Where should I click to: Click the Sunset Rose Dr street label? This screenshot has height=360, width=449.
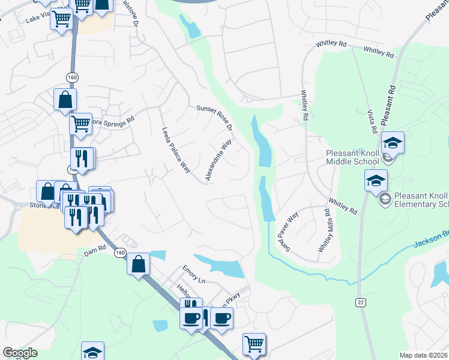[214, 116]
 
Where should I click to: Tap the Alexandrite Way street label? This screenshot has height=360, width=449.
[218, 160]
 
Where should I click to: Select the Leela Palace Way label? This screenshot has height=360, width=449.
[175, 150]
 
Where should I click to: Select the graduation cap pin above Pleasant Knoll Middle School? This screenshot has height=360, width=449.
[393, 143]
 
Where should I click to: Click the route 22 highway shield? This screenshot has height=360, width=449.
[360, 302]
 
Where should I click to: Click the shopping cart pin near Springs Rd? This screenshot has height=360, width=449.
[80, 124]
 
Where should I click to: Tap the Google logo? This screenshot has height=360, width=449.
[20, 353]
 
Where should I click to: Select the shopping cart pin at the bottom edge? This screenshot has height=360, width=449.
[254, 344]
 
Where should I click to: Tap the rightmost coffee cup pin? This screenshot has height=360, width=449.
[222, 318]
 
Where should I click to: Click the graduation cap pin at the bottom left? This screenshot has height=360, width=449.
[92, 352]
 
